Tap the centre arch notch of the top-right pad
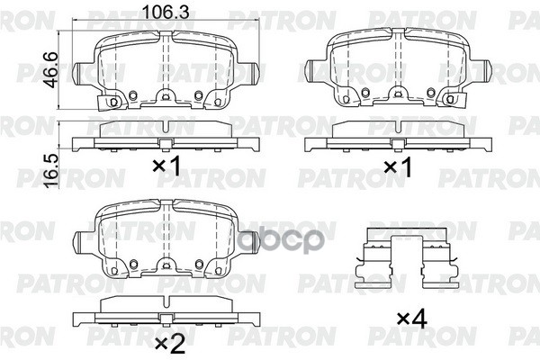397,101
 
